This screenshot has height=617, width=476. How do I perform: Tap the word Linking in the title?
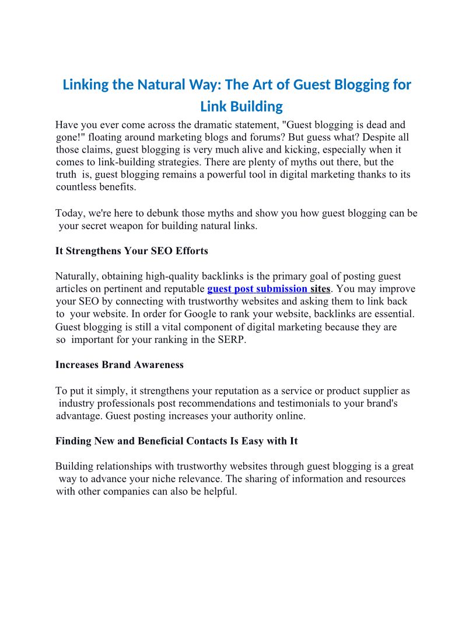(86, 85)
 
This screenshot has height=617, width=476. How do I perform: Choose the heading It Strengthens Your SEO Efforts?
(132, 251)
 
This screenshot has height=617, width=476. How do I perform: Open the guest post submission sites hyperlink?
(269, 289)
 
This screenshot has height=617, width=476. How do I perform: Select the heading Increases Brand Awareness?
(120, 365)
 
